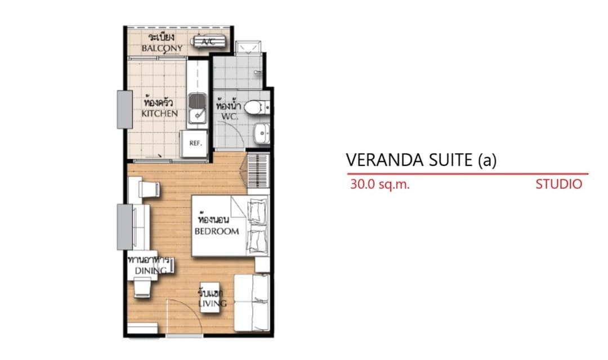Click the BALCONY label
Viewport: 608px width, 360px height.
tap(162, 48)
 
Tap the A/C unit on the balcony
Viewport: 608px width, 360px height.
tap(209, 40)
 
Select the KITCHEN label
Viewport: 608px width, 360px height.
tap(159, 114)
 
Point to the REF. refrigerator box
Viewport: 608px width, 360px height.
tap(194, 143)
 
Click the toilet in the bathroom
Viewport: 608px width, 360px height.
tap(257, 106)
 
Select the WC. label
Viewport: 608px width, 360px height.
tap(229, 116)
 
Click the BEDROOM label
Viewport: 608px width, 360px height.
tap(217, 231)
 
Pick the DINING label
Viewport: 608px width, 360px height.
tap(150, 271)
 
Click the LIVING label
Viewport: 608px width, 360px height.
tap(212, 303)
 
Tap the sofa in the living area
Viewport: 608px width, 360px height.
tap(252, 303)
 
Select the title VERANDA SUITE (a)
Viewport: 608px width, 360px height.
tap(421, 160)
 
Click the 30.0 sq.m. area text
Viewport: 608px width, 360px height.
tap(379, 184)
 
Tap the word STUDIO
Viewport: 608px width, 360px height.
tap(559, 184)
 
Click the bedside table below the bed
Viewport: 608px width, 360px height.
tap(262, 265)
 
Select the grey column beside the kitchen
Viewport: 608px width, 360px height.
tap(125, 109)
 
